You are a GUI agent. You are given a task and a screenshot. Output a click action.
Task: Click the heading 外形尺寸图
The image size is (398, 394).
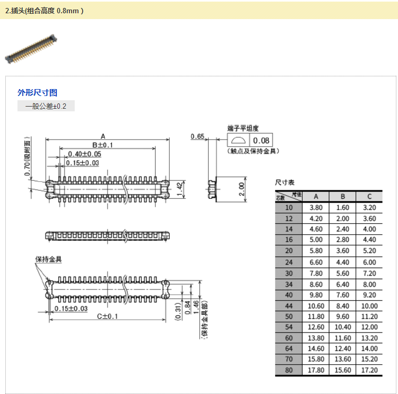click(x=37, y=93)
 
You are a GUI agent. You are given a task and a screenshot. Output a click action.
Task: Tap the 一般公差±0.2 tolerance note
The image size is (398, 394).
click(x=46, y=106)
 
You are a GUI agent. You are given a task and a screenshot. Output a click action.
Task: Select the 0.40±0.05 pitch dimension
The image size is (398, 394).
click(x=85, y=154)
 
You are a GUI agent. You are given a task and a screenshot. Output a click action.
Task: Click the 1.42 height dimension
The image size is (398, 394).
click(x=179, y=186)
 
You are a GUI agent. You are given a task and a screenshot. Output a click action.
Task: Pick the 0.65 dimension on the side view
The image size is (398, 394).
click(x=198, y=137)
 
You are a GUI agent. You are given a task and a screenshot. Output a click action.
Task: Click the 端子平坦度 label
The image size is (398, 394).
click(x=243, y=128)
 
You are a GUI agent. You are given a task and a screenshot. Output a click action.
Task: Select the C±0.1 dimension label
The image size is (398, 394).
click(x=107, y=317)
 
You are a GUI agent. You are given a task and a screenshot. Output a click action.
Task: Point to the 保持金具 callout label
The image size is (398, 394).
click(x=49, y=259)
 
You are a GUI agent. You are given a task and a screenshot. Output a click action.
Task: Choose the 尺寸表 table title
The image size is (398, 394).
click(x=284, y=182)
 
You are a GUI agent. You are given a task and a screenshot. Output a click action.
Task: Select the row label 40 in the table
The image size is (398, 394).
click(x=288, y=295)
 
